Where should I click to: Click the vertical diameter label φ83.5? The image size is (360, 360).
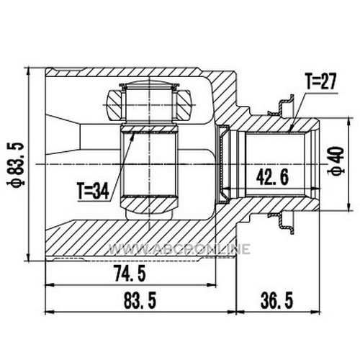click(x=16, y=164)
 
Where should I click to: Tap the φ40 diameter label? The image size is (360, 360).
click(x=336, y=161)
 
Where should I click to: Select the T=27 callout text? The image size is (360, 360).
click(x=320, y=81)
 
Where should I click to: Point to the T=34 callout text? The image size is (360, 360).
click(x=93, y=191)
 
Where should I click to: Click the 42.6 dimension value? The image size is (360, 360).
click(x=272, y=177)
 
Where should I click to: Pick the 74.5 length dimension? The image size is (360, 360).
click(x=130, y=274)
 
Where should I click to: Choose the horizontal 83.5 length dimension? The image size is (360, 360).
click(x=140, y=301)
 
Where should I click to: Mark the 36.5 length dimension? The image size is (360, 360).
click(x=277, y=301)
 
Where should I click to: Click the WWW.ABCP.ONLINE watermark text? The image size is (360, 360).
click(x=179, y=248)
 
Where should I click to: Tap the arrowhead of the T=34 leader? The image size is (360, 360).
click(x=132, y=135)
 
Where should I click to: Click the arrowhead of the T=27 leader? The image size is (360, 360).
click(x=292, y=128)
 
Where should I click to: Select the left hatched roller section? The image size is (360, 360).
click(x=115, y=104)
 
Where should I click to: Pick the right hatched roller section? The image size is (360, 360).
click(x=184, y=104)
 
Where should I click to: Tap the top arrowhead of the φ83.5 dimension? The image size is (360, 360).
click(x=29, y=71)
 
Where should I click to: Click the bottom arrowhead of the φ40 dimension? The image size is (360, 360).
click(x=349, y=207)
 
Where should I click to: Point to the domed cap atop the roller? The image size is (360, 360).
click(x=149, y=85)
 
